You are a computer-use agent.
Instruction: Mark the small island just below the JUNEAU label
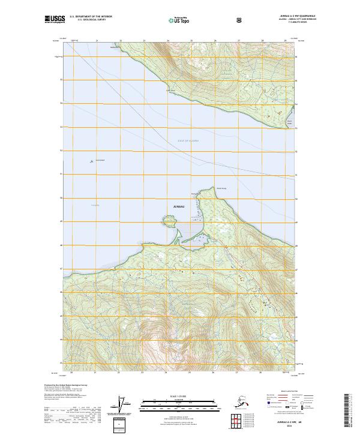(x=169, y=219)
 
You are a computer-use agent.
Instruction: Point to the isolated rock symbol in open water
(x=91, y=160)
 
